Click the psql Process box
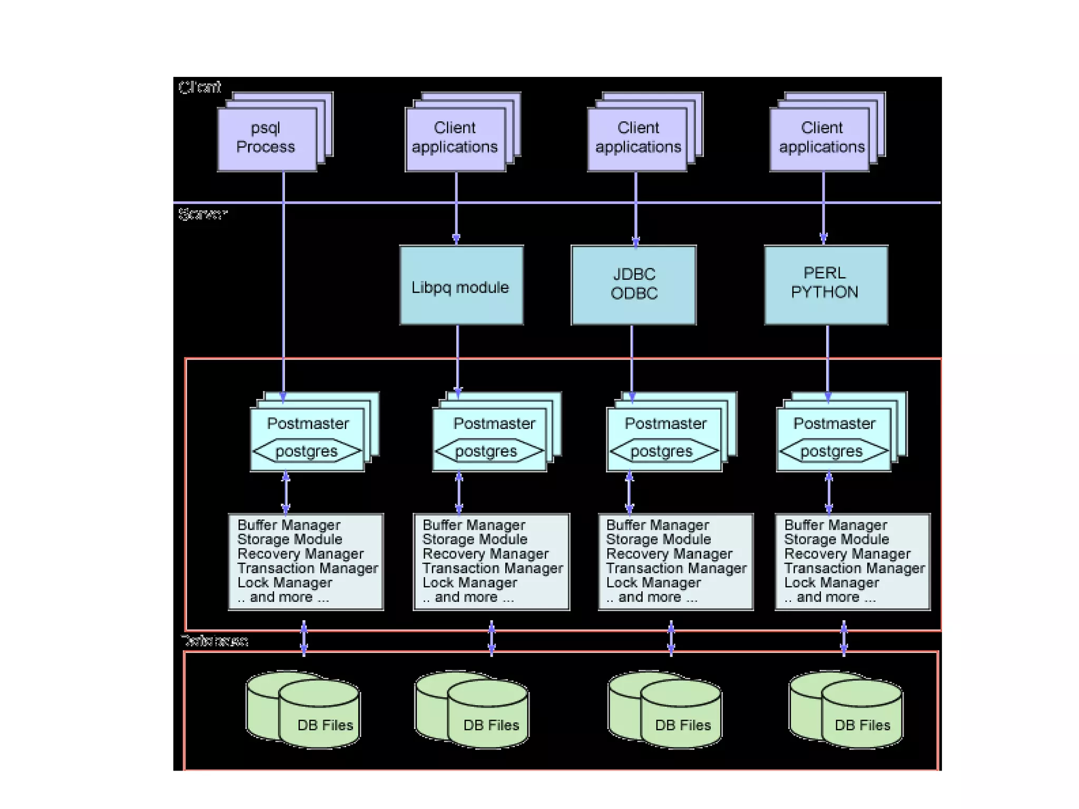click(267, 139)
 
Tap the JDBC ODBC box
click(633, 285)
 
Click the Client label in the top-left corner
click(200, 87)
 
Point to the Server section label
click(202, 214)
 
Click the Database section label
click(214, 641)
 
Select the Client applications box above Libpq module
click(455, 139)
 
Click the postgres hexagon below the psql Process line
click(307, 452)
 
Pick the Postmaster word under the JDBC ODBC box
click(665, 423)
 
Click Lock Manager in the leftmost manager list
click(285, 582)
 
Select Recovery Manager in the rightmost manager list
click(847, 554)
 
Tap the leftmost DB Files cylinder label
click(325, 725)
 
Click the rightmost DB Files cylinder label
click(862, 725)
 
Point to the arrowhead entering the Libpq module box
click(456, 239)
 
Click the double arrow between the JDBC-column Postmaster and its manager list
click(629, 493)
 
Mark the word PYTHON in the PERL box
click(825, 293)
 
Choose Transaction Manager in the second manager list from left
click(493, 568)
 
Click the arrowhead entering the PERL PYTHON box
click(823, 238)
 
